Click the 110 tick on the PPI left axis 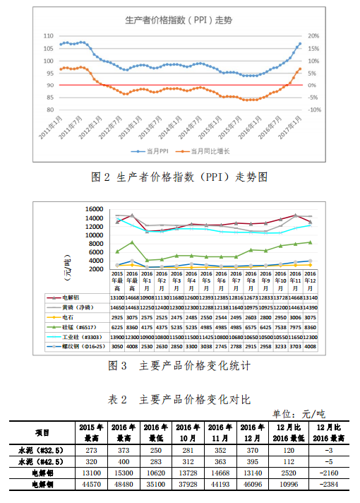coord(48,35)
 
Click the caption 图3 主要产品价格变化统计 coord(180,366)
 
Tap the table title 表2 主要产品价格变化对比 coord(180,399)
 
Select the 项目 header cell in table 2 coord(42,432)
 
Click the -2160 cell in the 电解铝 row coord(328,473)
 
